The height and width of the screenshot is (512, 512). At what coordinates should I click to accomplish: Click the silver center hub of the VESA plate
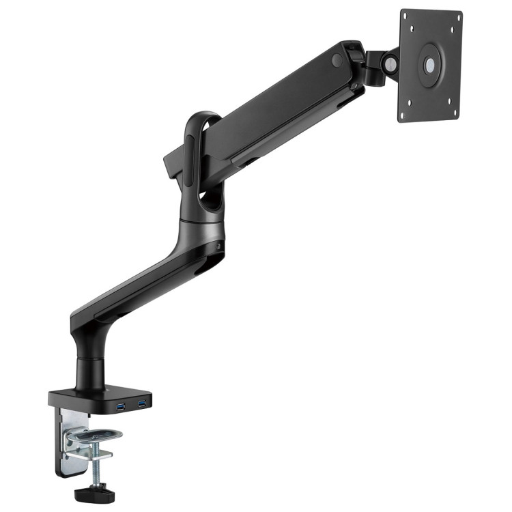tap(430, 66)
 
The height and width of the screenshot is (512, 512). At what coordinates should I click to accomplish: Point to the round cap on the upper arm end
tap(337, 60)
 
